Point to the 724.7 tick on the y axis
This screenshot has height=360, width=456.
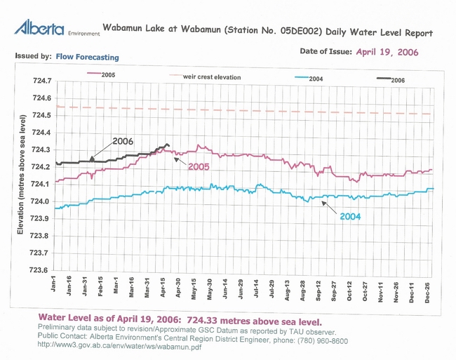coord(39,81)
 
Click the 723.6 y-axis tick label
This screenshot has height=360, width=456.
coord(39,270)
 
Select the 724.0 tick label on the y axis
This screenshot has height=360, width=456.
coord(39,201)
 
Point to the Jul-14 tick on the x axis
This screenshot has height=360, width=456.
coord(256,287)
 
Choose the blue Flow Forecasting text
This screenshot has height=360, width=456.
coord(88,57)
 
